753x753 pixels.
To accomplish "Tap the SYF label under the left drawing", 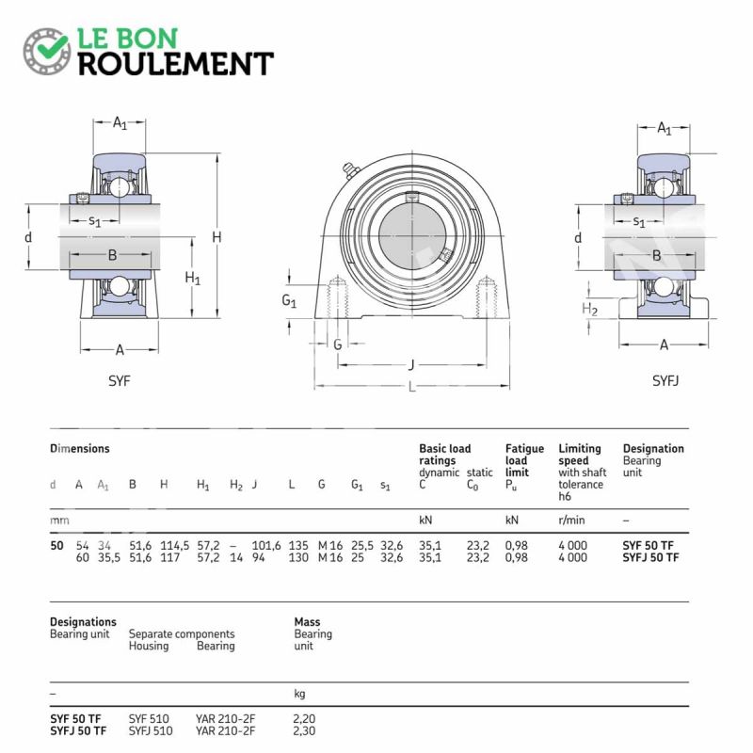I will click(120, 381).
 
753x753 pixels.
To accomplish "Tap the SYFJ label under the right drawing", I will click(665, 381).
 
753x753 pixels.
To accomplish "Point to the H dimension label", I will click(216, 237).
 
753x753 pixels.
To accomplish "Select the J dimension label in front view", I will click(411, 364).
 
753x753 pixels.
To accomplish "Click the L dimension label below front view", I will click(411, 387).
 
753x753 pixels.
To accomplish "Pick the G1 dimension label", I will click(289, 302).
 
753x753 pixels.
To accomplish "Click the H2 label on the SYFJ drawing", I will click(590, 309).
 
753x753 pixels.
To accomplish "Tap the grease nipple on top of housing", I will click(349, 169).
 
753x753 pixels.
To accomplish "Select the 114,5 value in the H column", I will click(175, 545).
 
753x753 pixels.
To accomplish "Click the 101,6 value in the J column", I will click(266, 545).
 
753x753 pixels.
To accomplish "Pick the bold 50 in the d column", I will click(56, 545).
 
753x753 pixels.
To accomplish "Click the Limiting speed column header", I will click(580, 455).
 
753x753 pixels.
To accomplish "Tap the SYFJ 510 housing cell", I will click(151, 730).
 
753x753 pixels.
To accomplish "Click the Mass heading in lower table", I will click(308, 621).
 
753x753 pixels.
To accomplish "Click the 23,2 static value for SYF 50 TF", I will click(478, 545).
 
